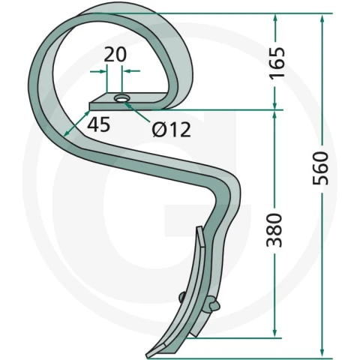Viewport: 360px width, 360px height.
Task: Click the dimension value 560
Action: click(320, 168)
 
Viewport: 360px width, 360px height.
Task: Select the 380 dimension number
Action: click(274, 230)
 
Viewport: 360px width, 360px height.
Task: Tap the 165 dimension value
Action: click(277, 62)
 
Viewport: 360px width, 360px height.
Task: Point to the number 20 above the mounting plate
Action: click(115, 55)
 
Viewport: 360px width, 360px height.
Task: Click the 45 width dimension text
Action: click(98, 124)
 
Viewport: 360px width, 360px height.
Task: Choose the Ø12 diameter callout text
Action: click(172, 130)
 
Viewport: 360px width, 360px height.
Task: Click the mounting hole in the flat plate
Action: click(121, 99)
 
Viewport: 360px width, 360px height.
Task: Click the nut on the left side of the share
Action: click(181, 298)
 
